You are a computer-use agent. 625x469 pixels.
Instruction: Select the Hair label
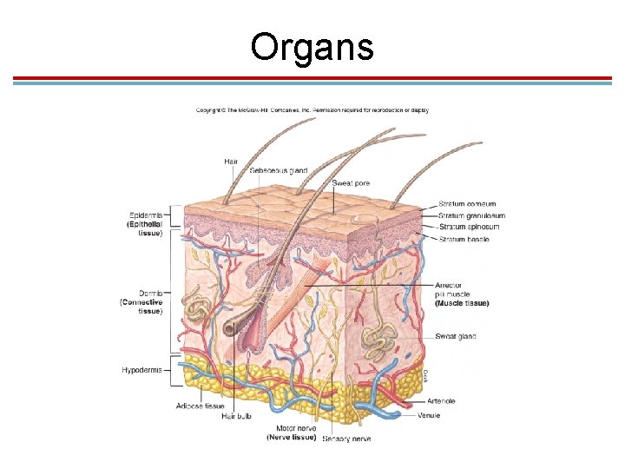231,162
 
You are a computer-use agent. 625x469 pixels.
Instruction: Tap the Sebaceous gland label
279,170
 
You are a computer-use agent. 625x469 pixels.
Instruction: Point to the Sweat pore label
353,183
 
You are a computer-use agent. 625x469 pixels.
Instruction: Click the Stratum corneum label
469,204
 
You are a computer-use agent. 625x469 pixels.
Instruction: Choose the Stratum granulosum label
472,215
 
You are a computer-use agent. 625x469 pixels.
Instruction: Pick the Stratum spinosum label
470,227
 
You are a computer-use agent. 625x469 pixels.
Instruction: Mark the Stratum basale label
464,239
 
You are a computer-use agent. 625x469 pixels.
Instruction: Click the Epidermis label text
145,215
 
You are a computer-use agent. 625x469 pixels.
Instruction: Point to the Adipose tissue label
201,406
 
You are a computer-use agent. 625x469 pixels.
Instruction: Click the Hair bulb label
235,416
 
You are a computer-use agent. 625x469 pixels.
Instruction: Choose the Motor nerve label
295,428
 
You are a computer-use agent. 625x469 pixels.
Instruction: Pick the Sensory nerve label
346,439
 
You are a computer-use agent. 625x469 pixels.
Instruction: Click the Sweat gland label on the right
455,336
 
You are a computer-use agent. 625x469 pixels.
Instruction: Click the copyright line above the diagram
312,110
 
